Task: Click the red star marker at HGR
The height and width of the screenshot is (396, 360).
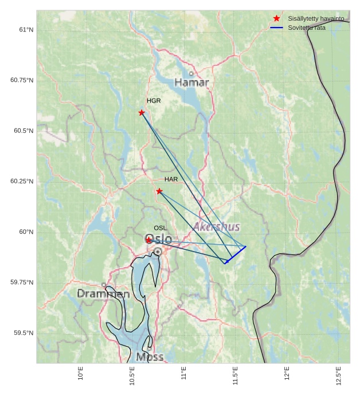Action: pyautogui.click(x=142, y=112)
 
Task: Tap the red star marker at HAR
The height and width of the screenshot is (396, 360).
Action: pyautogui.click(x=159, y=191)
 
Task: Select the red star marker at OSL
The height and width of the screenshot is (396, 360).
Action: pyautogui.click(x=148, y=240)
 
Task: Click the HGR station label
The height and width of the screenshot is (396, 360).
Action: pyautogui.click(x=154, y=101)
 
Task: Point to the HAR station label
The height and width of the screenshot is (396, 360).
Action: pyautogui.click(x=171, y=179)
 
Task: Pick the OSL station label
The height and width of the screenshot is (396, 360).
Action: pyautogui.click(x=160, y=228)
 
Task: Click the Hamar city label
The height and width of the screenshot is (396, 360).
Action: pyautogui.click(x=191, y=83)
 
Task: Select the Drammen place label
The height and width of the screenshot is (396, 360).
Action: pyautogui.click(x=103, y=294)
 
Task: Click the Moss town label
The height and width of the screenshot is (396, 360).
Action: pyautogui.click(x=150, y=357)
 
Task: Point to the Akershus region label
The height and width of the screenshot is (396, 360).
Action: pyautogui.click(x=217, y=227)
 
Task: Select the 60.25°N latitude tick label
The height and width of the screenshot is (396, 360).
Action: pyautogui.click(x=22, y=181)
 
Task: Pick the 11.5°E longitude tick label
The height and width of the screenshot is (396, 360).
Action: pyautogui.click(x=236, y=376)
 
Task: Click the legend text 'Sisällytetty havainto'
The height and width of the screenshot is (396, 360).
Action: pyautogui.click(x=316, y=19)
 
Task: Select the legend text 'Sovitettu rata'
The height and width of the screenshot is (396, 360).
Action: pyautogui.click(x=306, y=28)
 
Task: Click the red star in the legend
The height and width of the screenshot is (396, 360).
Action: pyautogui.click(x=277, y=19)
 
